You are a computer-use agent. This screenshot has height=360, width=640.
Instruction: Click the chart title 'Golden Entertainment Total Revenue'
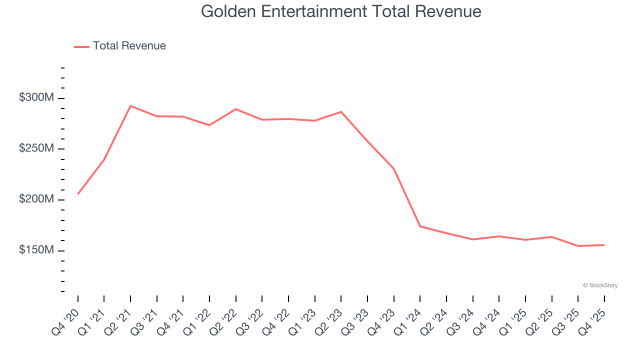tap(341, 11)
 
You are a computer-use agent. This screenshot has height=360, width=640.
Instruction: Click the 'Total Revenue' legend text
tap(129, 46)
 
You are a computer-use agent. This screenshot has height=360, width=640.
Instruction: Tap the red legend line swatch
tap(81, 46)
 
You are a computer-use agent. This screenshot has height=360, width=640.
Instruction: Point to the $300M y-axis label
tap(36, 97)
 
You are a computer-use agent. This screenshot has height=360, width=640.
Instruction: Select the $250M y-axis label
tap(36, 148)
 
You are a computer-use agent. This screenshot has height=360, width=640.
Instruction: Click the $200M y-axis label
tap(36, 199)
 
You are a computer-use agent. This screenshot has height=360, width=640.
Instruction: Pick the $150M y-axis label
tap(36, 249)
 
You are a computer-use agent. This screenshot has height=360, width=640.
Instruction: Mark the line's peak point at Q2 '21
tap(130, 106)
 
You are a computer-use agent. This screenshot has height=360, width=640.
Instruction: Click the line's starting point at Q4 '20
tap(78, 194)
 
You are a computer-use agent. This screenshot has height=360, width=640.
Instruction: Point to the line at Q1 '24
tap(420, 226)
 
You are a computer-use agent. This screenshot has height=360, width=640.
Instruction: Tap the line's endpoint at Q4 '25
tap(604, 245)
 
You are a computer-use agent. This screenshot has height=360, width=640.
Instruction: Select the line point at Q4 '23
tap(394, 169)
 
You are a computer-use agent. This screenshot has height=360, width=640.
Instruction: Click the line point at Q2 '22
tap(235, 109)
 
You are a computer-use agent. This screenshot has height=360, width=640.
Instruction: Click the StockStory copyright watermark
tap(600, 285)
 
